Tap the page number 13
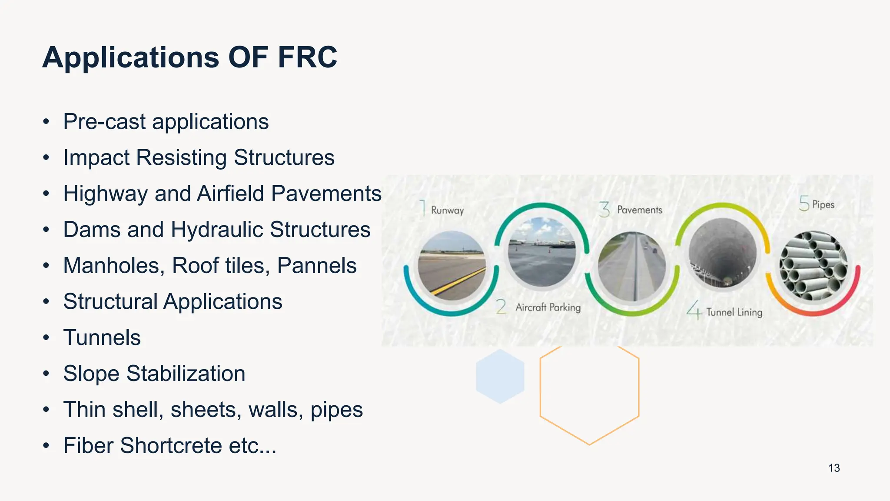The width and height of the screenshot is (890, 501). click(x=834, y=468)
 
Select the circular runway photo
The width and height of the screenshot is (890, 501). click(x=452, y=266)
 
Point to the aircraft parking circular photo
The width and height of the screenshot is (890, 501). click(x=541, y=252)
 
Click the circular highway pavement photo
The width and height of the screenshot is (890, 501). click(x=631, y=266)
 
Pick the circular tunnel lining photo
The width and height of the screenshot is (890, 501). click(x=722, y=253)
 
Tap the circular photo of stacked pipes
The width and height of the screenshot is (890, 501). click(x=813, y=266)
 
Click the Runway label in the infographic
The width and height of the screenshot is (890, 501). click(x=447, y=210)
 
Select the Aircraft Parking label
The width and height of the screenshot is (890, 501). click(x=548, y=307)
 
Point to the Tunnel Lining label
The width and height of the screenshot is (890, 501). click(x=734, y=312)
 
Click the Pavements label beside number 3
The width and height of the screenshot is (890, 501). click(x=639, y=210)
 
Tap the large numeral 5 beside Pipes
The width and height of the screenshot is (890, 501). click(x=804, y=204)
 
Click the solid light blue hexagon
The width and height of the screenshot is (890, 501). click(x=500, y=376)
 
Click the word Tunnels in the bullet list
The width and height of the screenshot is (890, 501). click(x=102, y=337)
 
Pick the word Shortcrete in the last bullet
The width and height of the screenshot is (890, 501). click(x=171, y=445)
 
